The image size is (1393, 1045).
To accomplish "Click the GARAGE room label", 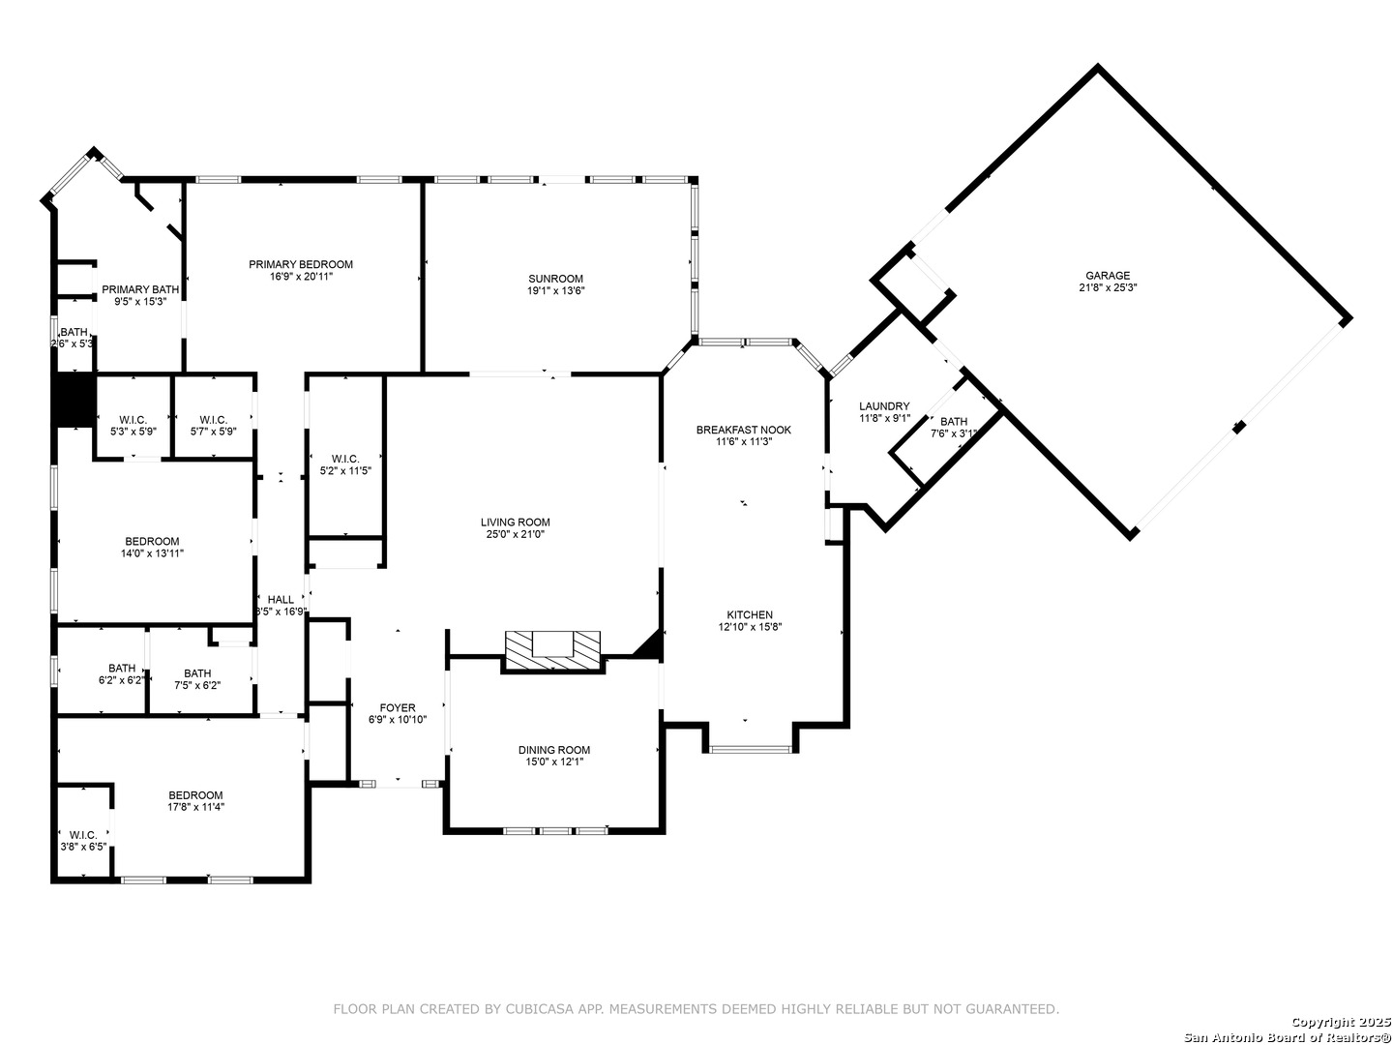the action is tap(1108, 276).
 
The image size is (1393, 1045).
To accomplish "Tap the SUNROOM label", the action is tap(555, 279).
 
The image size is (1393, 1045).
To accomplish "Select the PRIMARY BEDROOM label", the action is tap(300, 264).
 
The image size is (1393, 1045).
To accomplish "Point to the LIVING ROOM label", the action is tap(515, 522).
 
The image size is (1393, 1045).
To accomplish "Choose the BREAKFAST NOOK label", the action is tap(743, 430).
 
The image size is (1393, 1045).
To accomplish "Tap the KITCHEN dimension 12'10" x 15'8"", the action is tap(750, 627).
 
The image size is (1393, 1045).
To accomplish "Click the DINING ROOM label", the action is tap(554, 750).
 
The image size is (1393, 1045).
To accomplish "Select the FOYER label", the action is tap(398, 708).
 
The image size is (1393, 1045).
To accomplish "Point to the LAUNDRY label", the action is tap(884, 406).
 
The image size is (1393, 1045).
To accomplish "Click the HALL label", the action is tap(281, 600).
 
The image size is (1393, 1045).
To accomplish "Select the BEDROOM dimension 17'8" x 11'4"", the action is tap(196, 807).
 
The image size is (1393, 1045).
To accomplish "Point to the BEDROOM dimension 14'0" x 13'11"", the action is tap(152, 553).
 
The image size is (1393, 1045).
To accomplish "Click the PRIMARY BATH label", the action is tap(140, 289).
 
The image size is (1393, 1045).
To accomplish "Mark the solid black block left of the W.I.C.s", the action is tap(74, 400).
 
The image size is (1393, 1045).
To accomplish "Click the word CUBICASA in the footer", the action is tap(536, 1009).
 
